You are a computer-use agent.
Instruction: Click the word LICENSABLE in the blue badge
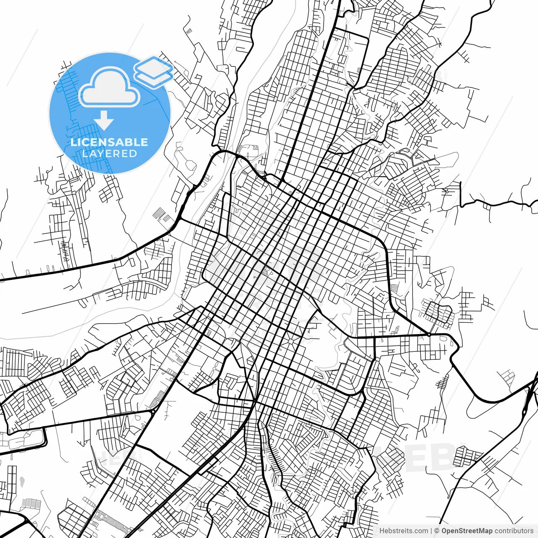point(109,142)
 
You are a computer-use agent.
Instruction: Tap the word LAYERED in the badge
point(109,154)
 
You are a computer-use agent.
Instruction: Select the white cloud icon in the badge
point(109,87)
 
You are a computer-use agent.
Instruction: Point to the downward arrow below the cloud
point(104,121)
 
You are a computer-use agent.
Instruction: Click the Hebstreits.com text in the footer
point(403,531)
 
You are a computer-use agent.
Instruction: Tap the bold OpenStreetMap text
point(467,531)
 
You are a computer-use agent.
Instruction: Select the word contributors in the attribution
point(514,531)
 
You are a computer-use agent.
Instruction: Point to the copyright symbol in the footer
point(437,531)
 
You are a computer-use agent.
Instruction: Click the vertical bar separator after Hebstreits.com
point(431,531)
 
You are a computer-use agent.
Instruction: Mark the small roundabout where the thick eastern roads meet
point(428,335)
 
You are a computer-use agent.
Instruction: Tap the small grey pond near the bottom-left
point(21,480)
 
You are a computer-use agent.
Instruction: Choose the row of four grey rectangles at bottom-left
point(32,503)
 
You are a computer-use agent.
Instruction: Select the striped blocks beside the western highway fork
point(160,214)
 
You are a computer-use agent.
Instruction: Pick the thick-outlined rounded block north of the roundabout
point(438,313)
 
